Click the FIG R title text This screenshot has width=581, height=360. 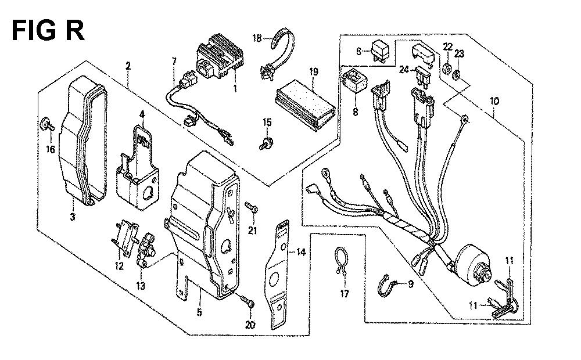48,30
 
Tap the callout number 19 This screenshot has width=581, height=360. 314,72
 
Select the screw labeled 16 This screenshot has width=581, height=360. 46,124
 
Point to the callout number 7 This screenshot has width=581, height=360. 174,61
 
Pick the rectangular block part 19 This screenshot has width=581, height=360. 306,105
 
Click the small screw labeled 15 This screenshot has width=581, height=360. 267,143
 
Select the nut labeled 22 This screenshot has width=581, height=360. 447,69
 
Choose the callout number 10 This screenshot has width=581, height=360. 494,101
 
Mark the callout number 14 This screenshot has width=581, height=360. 301,253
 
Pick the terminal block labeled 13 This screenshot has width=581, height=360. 145,250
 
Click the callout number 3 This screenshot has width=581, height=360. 73,217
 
